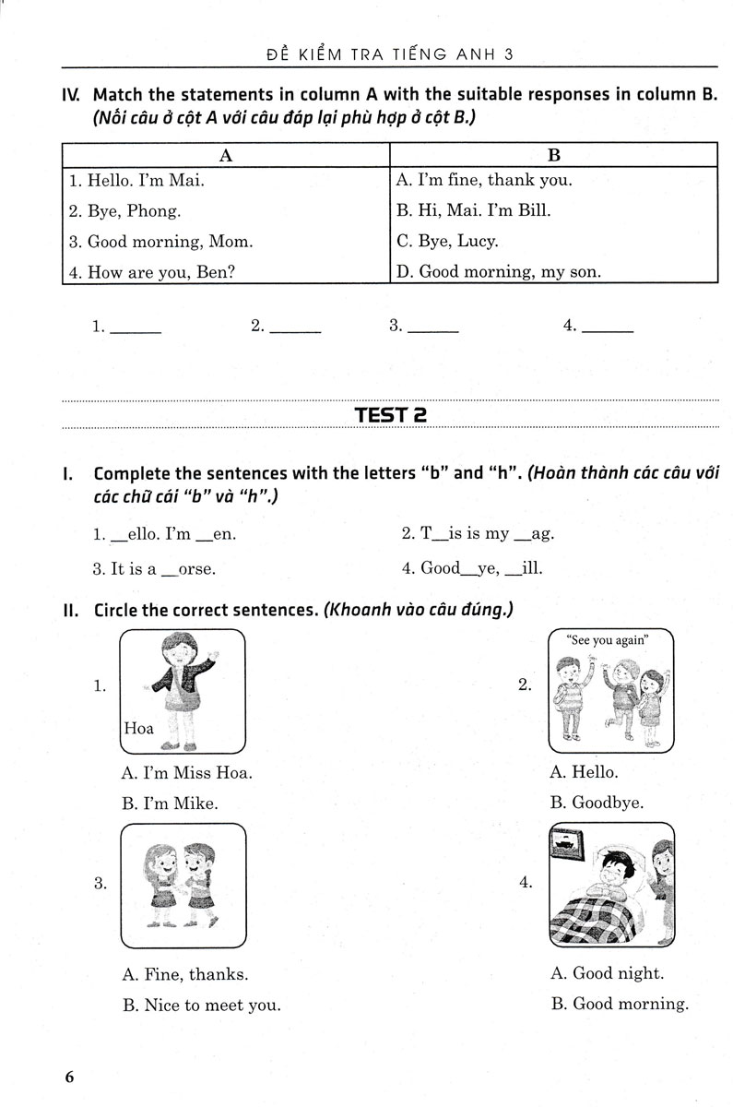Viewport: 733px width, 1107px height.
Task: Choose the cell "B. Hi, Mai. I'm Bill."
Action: pyautogui.click(x=472, y=210)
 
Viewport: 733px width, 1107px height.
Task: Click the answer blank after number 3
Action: pyautogui.click(x=432, y=327)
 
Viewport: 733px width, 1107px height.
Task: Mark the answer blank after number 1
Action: pyautogui.click(x=135, y=327)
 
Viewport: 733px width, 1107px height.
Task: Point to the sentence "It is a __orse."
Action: pyautogui.click(x=154, y=569)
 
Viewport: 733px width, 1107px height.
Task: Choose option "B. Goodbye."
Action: pyautogui.click(x=597, y=803)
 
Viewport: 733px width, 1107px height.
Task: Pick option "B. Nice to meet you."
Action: pyautogui.click(x=201, y=1005)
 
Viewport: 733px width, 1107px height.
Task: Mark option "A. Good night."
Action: pyautogui.click(x=606, y=972)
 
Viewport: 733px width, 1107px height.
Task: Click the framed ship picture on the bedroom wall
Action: pyautogui.click(x=563, y=839)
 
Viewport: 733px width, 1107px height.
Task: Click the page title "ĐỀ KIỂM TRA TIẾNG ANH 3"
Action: pyautogui.click(x=389, y=54)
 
